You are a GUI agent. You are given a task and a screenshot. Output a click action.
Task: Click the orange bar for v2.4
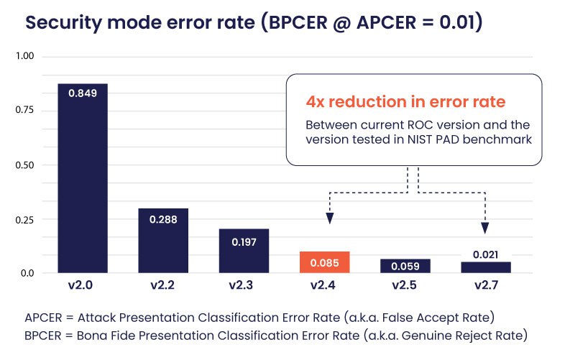click(325, 262)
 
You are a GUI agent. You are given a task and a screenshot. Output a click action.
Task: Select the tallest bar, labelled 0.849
click(83, 180)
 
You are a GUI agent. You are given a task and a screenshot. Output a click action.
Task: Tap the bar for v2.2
click(163, 241)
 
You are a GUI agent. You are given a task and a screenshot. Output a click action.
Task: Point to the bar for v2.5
click(405, 266)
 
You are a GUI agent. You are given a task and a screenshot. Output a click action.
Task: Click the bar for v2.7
click(486, 267)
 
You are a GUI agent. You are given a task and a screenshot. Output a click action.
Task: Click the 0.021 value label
click(486, 254)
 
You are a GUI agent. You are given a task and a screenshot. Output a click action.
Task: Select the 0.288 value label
click(163, 218)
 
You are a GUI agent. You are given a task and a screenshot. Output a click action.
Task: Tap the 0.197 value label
click(244, 242)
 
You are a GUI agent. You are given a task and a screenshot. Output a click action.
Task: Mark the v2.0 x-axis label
click(83, 285)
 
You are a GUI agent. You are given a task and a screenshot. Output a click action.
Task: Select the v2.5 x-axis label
click(405, 285)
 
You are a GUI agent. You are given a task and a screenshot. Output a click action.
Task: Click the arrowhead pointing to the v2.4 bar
click(329, 218)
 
